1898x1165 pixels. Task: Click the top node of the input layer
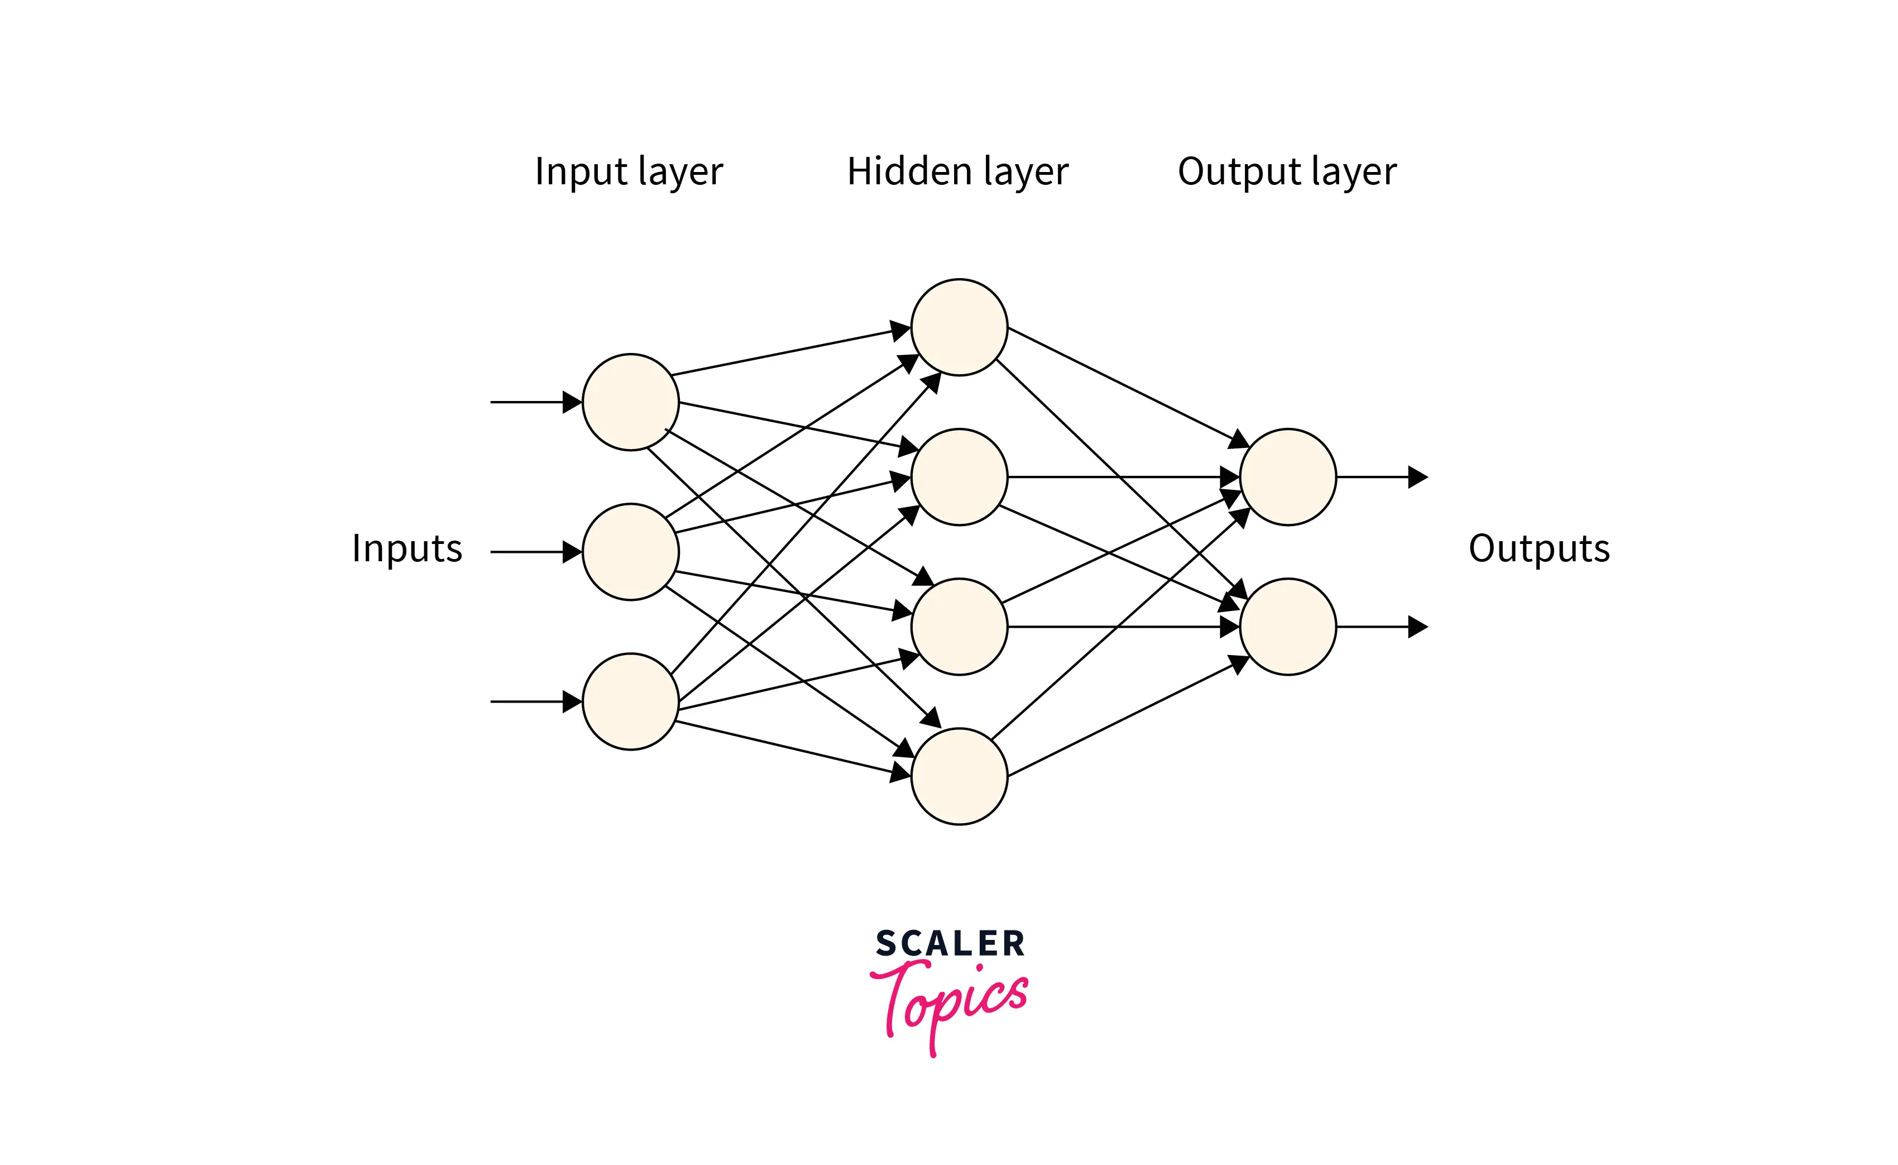[630, 402]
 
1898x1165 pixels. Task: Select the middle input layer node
[630, 552]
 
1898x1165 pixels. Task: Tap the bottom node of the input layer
[630, 701]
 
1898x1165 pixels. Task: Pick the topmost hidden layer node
[959, 327]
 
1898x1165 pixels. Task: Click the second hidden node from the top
[959, 477]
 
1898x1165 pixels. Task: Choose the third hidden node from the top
[959, 627]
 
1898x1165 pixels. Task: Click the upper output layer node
[1287, 477]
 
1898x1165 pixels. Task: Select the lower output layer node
[1287, 627]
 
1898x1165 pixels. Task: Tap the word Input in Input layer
[581, 171]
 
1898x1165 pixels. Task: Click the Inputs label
[407, 548]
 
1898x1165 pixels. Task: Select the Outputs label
[1538, 548]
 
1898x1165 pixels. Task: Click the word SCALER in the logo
[950, 944]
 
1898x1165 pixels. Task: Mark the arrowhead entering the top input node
[572, 402]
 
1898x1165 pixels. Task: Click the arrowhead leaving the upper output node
[1417, 477]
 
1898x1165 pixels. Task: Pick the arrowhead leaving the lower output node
[1417, 627]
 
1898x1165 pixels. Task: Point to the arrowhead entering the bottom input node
[572, 701]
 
